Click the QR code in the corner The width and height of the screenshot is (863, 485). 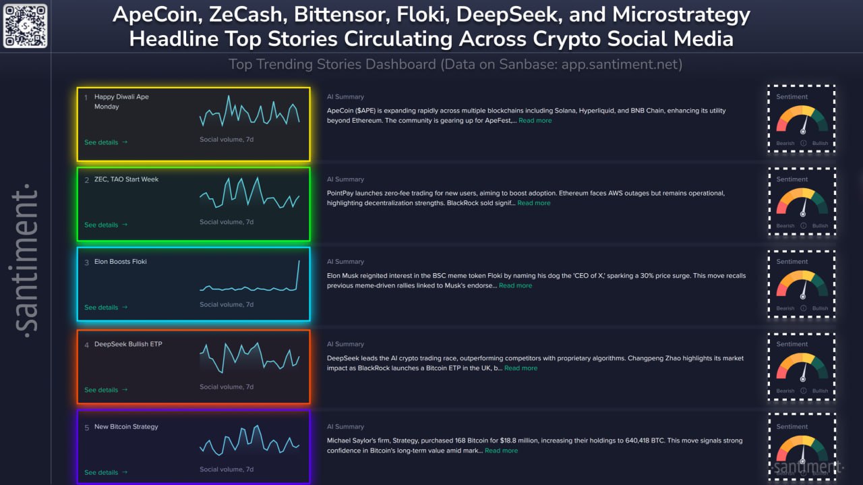pos(26,26)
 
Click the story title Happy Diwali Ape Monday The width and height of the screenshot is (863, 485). pos(121,101)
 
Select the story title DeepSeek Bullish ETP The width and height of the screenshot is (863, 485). pos(128,344)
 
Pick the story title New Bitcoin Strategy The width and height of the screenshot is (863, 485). pos(126,426)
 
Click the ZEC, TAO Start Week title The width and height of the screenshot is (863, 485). pos(126,179)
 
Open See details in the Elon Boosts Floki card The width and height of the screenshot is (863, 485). pos(105,308)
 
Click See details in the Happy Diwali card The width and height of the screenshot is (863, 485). pos(105,142)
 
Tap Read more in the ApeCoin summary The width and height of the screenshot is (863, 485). pos(535,121)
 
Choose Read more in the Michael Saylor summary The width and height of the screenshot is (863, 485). pos(501,451)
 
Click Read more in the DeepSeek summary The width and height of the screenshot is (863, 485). pos(520,368)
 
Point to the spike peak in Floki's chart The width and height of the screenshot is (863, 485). pos(299,261)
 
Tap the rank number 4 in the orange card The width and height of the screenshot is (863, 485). pos(86,345)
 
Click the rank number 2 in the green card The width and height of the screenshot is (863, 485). pos(86,180)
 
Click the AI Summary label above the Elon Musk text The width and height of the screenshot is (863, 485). pos(345,262)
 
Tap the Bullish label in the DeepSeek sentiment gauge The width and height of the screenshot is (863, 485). pos(820,391)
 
